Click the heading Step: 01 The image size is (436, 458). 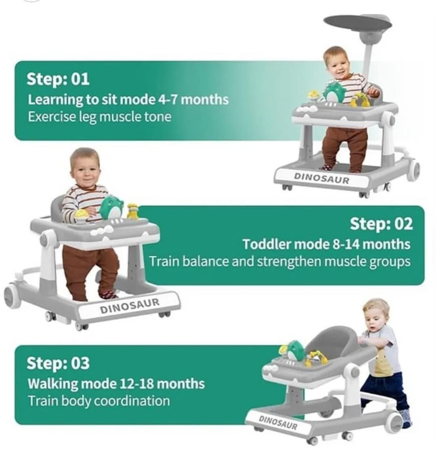tap(58, 79)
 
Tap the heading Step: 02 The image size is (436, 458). tap(381, 224)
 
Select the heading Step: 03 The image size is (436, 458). tap(58, 363)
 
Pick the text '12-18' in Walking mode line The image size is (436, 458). tap(136, 383)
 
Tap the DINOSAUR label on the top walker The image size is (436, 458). tap(322, 178)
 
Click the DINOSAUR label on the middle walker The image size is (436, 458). tap(130, 306)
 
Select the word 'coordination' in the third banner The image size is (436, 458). tap(132, 401)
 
